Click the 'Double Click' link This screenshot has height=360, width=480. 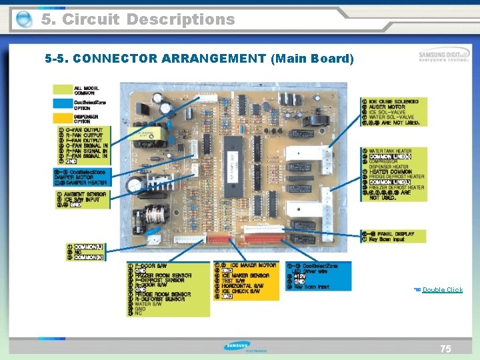[x=442, y=289]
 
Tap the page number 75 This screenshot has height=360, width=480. [x=445, y=349]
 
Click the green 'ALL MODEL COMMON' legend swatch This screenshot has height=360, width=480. [x=63, y=90]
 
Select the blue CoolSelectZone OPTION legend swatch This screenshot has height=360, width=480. [x=63, y=104]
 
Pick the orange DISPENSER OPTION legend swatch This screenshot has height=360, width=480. [x=63, y=118]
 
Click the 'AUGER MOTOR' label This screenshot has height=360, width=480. [x=387, y=107]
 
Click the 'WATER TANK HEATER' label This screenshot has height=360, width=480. [x=391, y=151]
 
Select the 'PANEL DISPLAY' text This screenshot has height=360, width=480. [x=396, y=234]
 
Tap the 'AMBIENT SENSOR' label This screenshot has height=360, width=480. [x=85, y=195]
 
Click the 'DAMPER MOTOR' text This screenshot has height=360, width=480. [x=79, y=177]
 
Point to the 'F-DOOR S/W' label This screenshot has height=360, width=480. [x=149, y=266]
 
